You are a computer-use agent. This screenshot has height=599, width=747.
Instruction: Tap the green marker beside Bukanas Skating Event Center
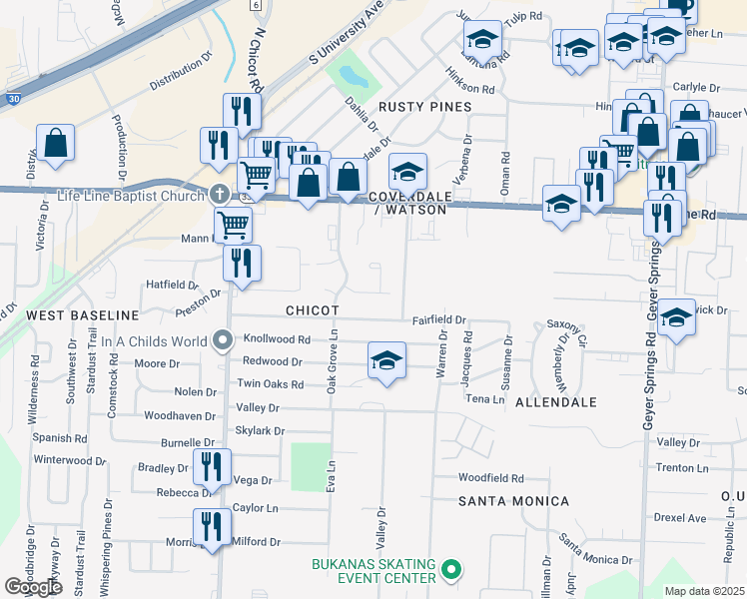click(450, 571)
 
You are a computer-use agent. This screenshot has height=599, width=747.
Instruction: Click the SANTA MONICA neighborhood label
click(514, 501)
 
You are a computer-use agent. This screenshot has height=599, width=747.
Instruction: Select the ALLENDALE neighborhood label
click(556, 402)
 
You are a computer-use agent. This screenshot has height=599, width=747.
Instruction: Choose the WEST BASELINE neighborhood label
click(68, 315)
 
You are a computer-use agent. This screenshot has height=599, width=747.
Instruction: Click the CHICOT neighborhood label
click(312, 311)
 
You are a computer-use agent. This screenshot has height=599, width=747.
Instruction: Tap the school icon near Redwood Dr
click(386, 360)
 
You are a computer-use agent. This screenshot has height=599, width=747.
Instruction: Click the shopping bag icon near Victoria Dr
click(55, 142)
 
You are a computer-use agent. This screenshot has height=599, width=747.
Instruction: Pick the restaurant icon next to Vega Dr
click(212, 466)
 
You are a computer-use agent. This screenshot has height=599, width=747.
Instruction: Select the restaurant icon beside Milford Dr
click(211, 527)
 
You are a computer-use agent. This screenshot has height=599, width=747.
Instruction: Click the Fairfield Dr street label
click(440, 320)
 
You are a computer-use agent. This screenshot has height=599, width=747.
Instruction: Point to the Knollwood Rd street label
click(277, 339)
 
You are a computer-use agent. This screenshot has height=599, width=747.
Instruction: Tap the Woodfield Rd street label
click(491, 479)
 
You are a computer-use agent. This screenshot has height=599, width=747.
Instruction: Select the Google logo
click(33, 587)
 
